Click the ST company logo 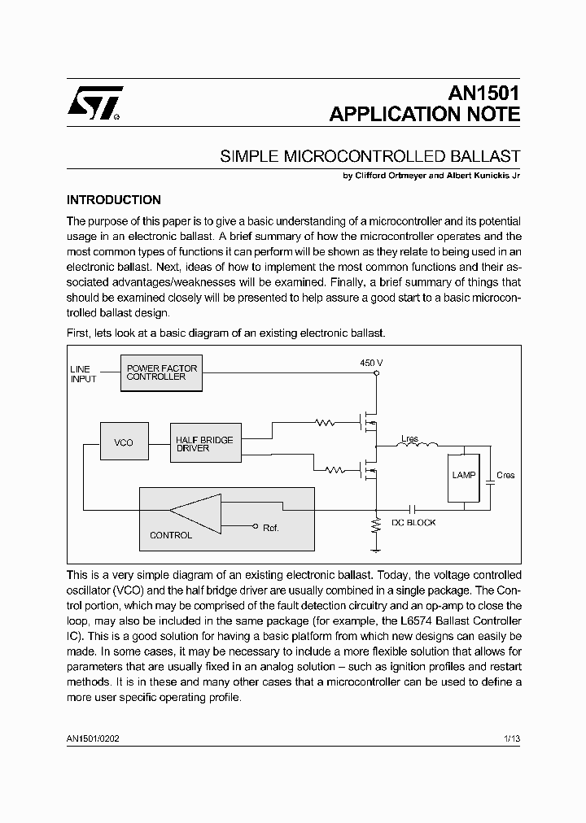[94, 103]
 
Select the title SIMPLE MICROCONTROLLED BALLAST [370, 156]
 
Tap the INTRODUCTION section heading [113, 200]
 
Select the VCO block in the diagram [123, 442]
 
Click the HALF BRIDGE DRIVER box [204, 444]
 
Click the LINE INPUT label [82, 374]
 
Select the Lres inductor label [409, 439]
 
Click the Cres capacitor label [505, 475]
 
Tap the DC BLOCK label [413, 523]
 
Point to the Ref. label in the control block [270, 528]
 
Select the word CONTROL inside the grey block [171, 535]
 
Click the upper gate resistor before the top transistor [326, 422]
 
